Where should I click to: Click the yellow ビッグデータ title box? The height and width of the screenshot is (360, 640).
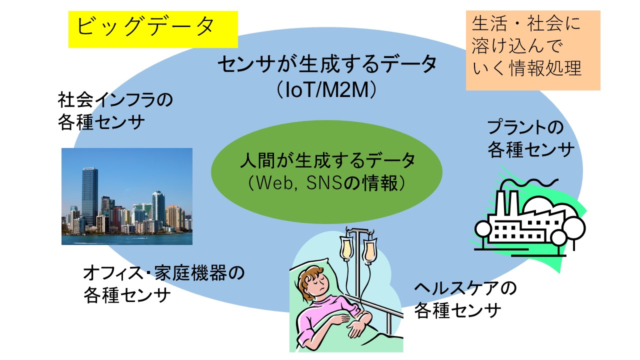(153, 29)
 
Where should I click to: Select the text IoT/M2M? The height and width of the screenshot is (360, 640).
(327, 90)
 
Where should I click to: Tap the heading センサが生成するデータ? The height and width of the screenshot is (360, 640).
(327, 64)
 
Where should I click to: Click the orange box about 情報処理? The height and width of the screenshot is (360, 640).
(533, 50)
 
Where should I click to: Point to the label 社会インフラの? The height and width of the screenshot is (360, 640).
(115, 100)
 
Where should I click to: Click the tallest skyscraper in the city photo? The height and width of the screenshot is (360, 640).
(90, 197)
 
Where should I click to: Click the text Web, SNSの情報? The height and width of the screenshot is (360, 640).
(327, 183)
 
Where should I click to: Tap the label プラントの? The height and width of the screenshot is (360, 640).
(525, 127)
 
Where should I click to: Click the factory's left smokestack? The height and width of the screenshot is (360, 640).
(500, 203)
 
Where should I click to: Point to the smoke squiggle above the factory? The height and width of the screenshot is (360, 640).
(528, 183)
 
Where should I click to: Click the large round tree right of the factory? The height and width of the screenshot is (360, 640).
(574, 228)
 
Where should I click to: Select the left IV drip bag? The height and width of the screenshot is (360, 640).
(346, 248)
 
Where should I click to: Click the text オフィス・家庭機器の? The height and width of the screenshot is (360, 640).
(163, 272)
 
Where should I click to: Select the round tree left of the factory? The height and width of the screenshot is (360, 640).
(483, 228)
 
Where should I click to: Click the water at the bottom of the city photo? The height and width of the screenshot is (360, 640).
(127, 239)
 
